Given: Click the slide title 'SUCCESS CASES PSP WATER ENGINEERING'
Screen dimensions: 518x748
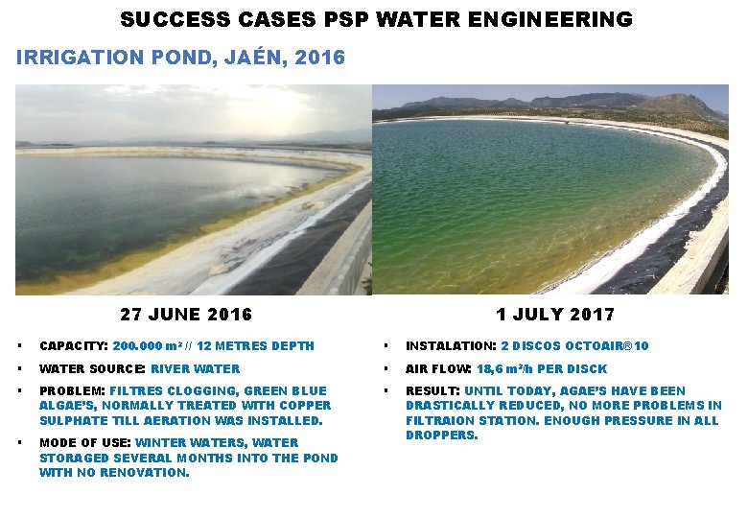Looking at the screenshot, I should pos(377,19).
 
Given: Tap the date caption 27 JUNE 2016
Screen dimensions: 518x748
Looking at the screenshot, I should pos(186,315).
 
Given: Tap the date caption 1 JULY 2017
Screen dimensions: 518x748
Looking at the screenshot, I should pos(555,315).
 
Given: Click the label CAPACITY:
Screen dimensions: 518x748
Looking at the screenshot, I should pos(73,346).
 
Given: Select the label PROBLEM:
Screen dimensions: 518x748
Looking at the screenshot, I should pos(72,391).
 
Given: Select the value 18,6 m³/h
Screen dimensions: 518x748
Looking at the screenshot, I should pos(505,369).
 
